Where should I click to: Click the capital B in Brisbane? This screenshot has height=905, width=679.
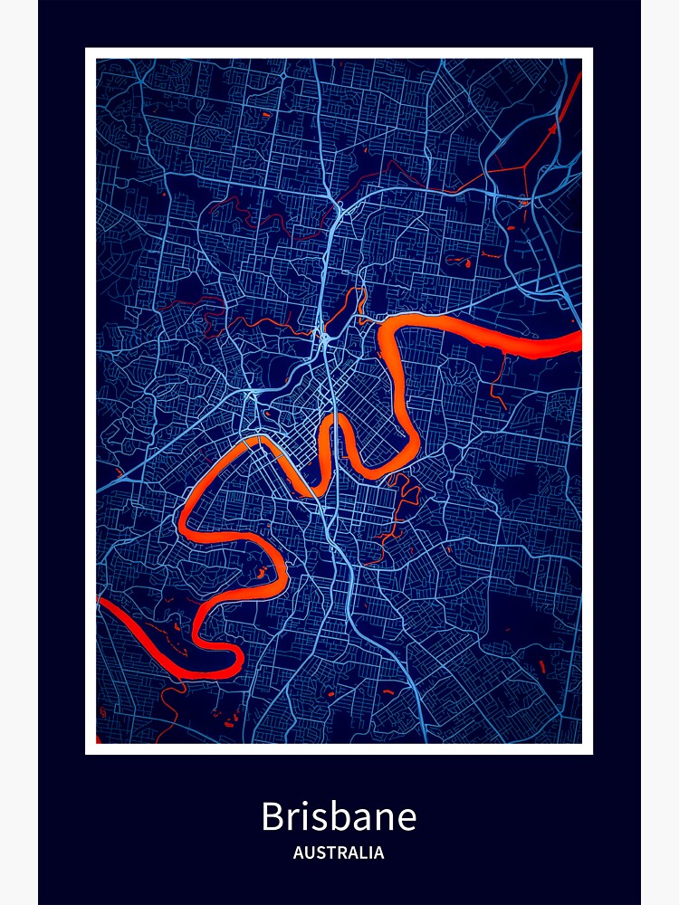tap(273, 817)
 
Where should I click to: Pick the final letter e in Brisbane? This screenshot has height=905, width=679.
tap(406, 821)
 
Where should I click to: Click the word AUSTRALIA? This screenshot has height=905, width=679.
tap(339, 853)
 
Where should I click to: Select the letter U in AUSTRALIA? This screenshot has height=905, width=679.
tap(309, 853)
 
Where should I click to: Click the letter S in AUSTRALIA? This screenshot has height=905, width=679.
tap(319, 853)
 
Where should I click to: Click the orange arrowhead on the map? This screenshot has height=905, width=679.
tap(552, 129)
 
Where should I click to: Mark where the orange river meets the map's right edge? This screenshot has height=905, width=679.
tap(579, 342)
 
